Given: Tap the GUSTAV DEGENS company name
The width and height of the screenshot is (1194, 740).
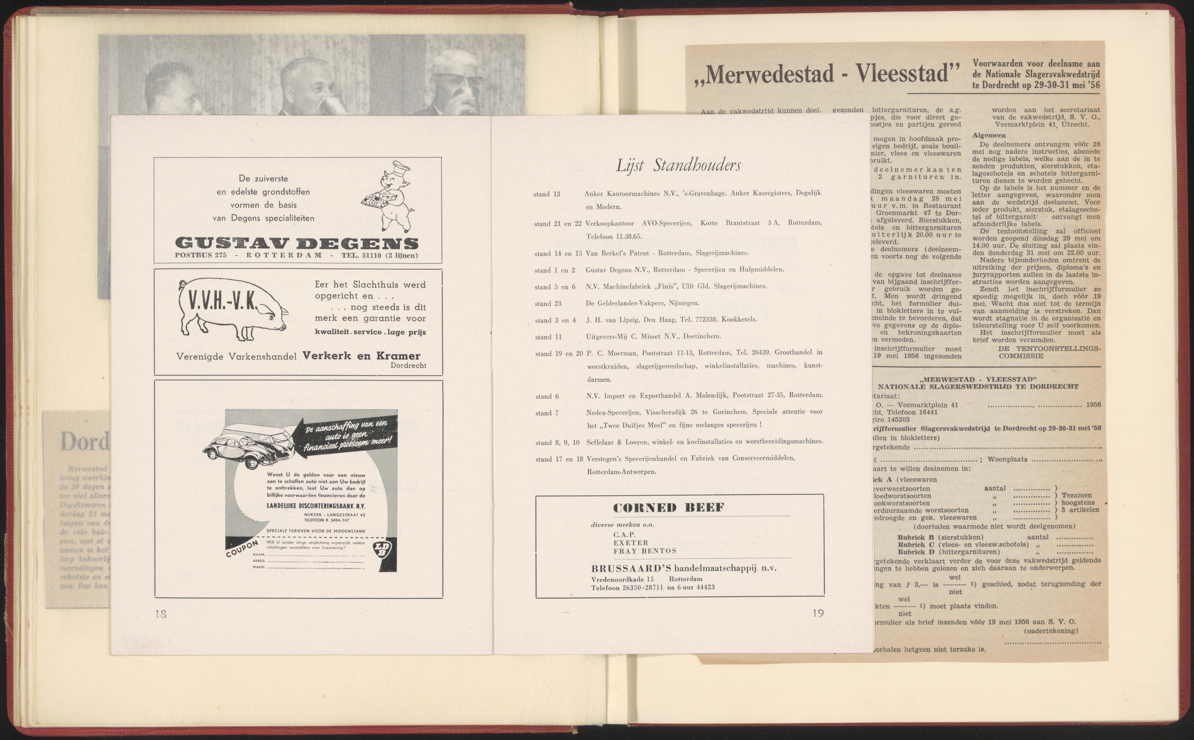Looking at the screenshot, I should coord(296,243).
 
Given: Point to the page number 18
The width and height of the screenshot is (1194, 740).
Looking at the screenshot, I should coord(161,613).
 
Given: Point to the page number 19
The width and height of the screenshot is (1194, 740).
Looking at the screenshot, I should coord(818,613).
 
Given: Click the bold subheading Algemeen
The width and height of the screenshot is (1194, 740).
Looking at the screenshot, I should coord(989,136).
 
